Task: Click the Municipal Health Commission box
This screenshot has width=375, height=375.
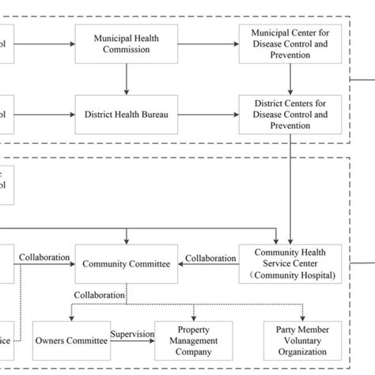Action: [126, 44]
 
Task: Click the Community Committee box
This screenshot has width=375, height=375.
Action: [126, 265]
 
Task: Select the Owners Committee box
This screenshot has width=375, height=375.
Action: [71, 341]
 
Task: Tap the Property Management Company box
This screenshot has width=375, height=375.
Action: [193, 341]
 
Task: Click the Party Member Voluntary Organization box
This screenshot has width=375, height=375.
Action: [302, 341]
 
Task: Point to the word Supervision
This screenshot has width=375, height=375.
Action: [132, 335]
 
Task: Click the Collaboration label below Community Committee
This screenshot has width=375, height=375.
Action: [100, 295]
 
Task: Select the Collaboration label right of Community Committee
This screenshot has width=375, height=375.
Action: [210, 259]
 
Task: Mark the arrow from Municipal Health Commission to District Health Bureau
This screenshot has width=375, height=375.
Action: [126, 79]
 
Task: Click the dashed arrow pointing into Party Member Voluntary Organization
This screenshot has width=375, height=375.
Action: [302, 312]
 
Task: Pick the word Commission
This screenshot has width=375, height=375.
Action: [126, 49]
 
